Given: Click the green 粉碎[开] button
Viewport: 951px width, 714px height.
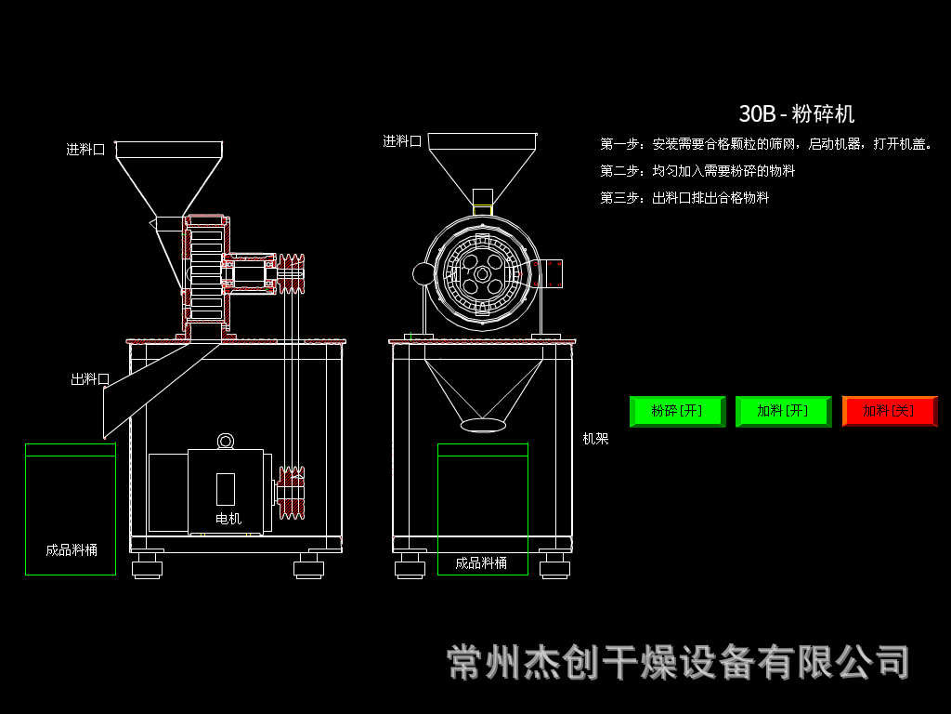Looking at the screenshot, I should (x=677, y=411).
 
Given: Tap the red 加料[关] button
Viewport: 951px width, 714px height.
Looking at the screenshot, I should (x=889, y=411).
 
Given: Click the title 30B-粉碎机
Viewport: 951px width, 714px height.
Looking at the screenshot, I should (x=796, y=114).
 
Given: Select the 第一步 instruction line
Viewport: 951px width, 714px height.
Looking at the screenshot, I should (x=765, y=144).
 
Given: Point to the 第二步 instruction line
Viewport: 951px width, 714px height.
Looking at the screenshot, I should (x=697, y=171).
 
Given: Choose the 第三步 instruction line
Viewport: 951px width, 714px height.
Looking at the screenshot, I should (x=684, y=198).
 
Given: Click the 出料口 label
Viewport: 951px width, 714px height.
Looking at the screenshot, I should (x=90, y=379).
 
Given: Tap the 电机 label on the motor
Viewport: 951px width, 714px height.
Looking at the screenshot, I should (x=228, y=519).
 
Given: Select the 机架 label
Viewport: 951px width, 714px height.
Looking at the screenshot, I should (x=595, y=439).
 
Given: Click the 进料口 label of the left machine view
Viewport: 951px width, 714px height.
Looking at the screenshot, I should (x=85, y=149).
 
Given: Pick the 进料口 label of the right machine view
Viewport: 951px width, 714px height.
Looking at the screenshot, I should (x=402, y=141).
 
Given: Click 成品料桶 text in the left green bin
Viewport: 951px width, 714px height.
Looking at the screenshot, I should (x=72, y=549).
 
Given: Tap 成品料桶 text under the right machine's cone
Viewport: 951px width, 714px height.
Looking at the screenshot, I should (x=481, y=563).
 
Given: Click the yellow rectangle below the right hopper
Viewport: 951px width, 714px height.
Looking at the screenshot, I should (x=483, y=210).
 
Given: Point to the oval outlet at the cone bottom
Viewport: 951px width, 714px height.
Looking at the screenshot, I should (x=483, y=425).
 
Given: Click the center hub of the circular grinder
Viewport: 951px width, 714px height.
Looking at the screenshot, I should (x=483, y=275).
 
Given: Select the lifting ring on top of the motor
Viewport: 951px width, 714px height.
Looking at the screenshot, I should (x=226, y=441).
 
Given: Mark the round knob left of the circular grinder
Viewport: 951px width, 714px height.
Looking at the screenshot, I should (x=424, y=273).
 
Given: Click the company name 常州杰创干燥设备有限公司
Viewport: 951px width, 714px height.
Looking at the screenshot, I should (x=678, y=662).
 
